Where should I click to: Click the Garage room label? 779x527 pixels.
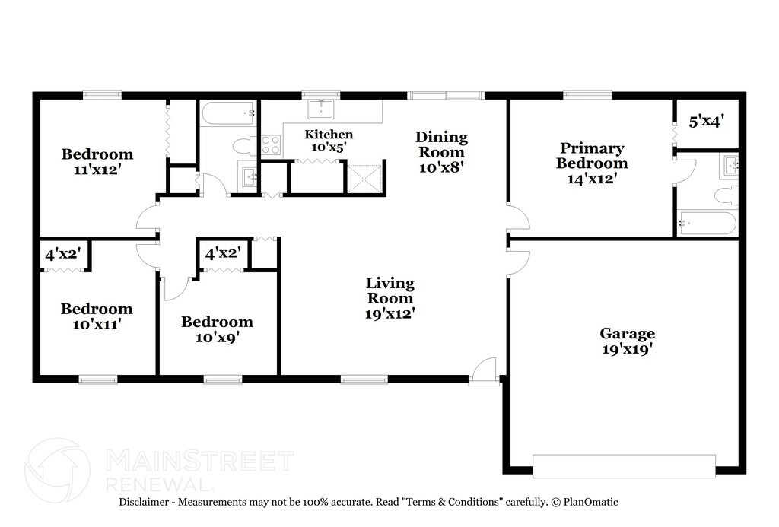point(627,333)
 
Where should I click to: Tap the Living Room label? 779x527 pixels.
point(390,290)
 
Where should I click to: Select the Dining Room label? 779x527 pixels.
point(441,144)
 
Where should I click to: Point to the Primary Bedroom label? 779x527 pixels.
point(592,155)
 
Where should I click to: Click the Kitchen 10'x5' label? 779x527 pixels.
point(329,141)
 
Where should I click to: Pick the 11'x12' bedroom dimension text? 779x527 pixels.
point(97,170)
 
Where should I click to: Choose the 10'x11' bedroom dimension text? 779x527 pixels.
point(97,325)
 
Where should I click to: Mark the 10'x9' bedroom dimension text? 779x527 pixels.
point(217,338)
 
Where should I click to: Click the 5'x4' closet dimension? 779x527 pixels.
point(706,122)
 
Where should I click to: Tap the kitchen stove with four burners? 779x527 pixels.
point(271,145)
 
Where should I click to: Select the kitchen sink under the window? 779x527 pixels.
point(321,108)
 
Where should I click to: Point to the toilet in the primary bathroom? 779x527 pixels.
point(726,195)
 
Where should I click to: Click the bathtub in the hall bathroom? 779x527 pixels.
point(229,114)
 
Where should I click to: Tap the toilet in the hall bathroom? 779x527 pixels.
point(245,147)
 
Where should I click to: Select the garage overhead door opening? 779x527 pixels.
point(624,466)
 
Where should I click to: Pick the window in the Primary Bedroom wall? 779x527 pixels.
point(587,94)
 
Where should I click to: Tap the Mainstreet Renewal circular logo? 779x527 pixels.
point(58,469)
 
